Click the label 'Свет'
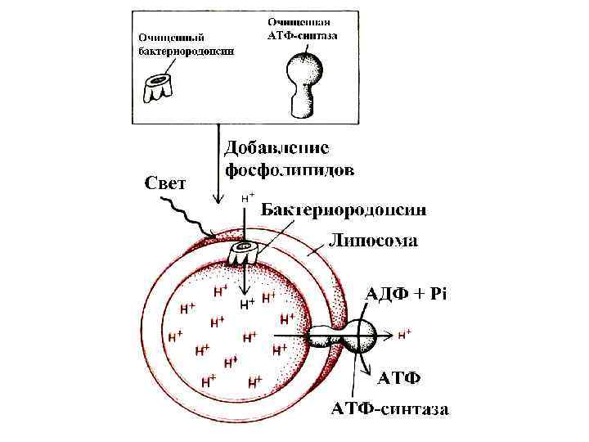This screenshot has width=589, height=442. pyautogui.click(x=164, y=182)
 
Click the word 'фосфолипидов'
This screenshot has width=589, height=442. pyautogui.click(x=290, y=171)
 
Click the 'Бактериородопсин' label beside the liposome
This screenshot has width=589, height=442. pyautogui.click(x=344, y=210)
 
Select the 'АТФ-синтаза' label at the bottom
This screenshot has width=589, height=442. pyautogui.click(x=389, y=409)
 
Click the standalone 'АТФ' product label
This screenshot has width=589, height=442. pyautogui.click(x=398, y=378)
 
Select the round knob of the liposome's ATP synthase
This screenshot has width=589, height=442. pyautogui.click(x=361, y=334)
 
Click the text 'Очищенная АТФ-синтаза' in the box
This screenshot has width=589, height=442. pyautogui.click(x=303, y=28)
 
